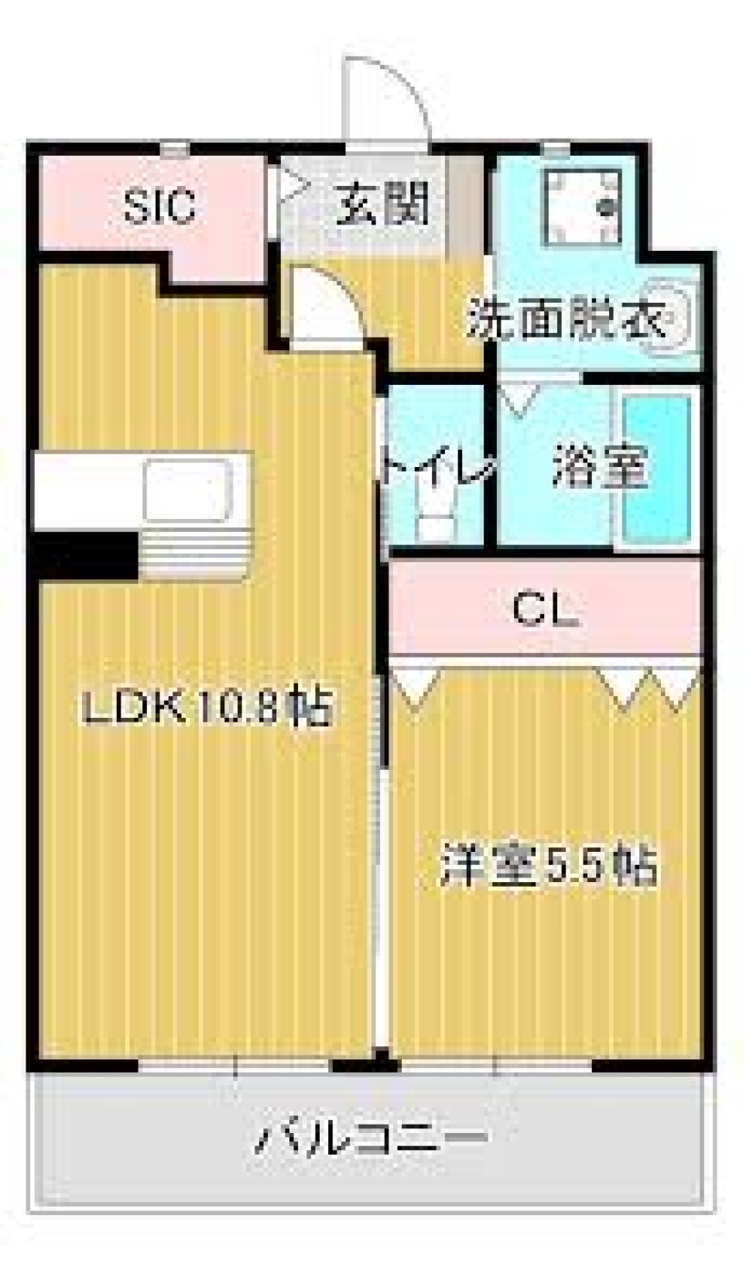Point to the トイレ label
(x=437, y=467)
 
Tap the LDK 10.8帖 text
(x=207, y=707)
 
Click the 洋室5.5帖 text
(x=549, y=867)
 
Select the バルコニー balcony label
(x=371, y=1138)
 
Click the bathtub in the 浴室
(x=657, y=469)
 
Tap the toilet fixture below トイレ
(x=438, y=515)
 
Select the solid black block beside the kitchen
(x=85, y=555)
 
